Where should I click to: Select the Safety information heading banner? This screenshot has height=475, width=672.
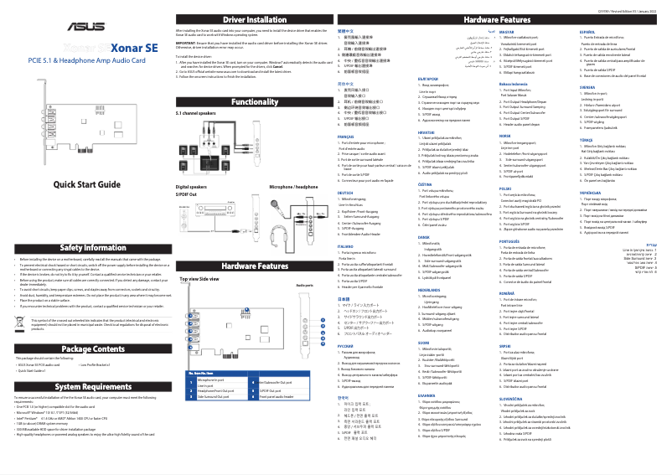(87, 248)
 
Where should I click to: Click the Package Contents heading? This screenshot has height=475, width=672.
(87, 349)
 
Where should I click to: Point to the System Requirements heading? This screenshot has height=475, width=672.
(87, 386)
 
